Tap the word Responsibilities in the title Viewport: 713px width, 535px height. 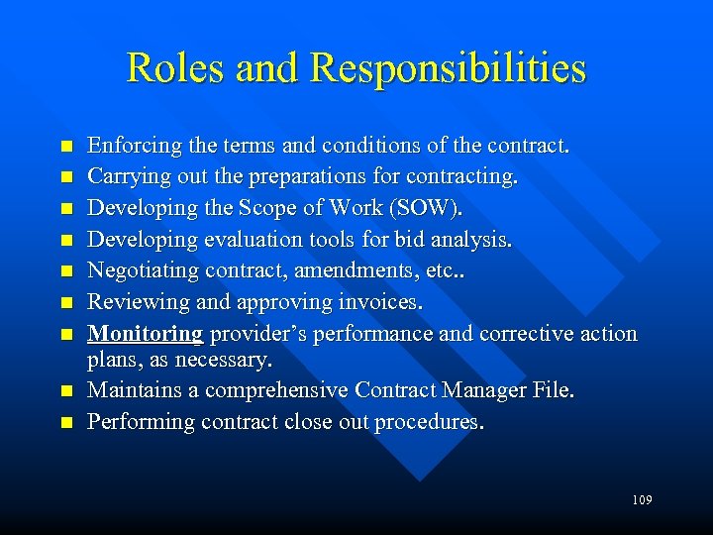pos(448,68)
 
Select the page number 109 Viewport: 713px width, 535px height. pos(641,500)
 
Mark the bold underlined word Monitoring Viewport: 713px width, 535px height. pos(145,333)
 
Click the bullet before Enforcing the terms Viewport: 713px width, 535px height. pos(65,147)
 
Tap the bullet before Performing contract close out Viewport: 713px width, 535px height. pos(65,423)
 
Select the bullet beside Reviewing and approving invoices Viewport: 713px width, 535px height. pos(65,303)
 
